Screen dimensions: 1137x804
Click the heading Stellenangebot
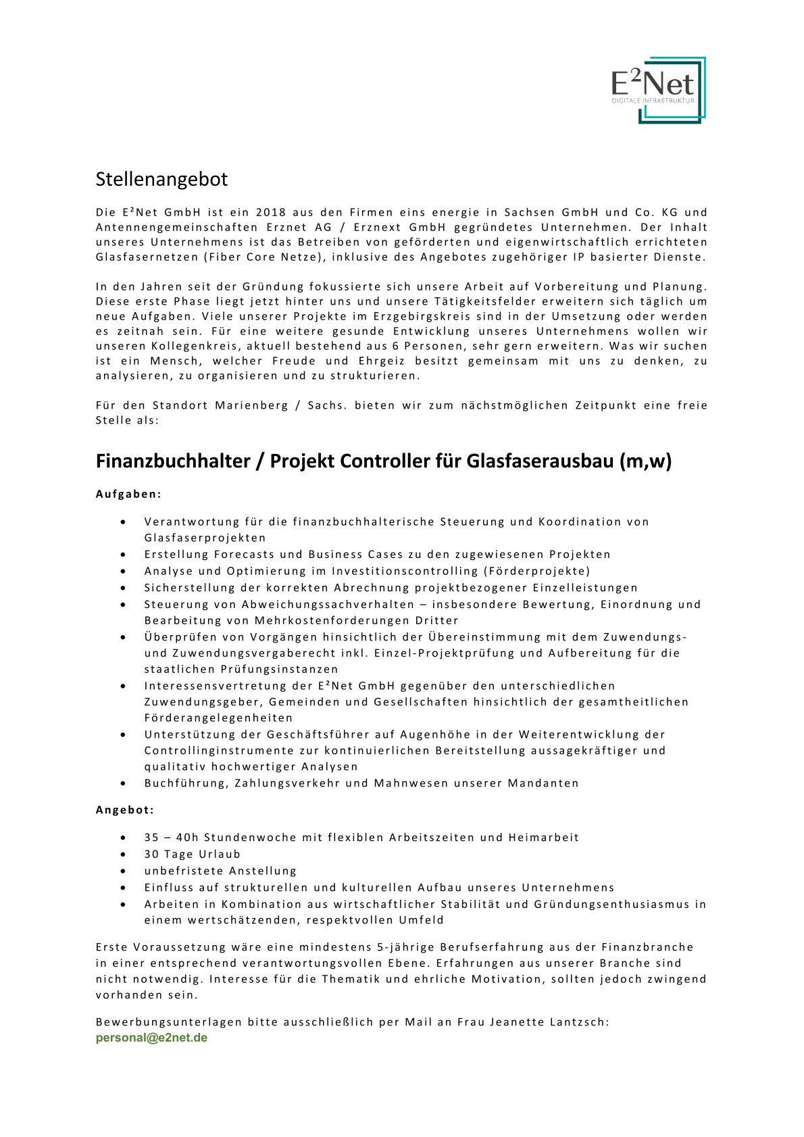click(x=161, y=179)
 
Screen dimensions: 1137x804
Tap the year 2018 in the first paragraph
click(x=271, y=212)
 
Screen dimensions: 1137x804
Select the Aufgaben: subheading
click(x=129, y=494)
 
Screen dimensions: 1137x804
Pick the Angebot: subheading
click(x=125, y=809)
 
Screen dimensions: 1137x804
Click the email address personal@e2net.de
click(x=151, y=1038)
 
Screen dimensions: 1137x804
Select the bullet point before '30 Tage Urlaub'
click(x=123, y=855)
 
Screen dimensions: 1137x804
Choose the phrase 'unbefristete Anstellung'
click(x=220, y=871)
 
